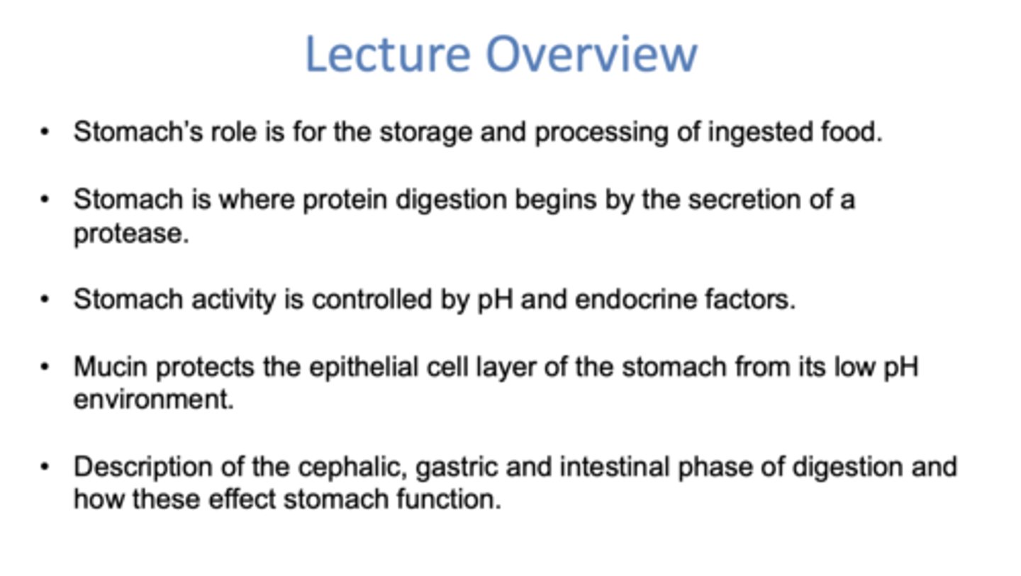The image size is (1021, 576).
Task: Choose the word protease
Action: [130, 233]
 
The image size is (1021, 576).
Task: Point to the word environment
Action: [153, 399]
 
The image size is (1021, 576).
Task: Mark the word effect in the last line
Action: [242, 499]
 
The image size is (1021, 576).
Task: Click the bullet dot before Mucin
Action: [45, 367]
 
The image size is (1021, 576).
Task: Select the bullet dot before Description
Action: [45, 467]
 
